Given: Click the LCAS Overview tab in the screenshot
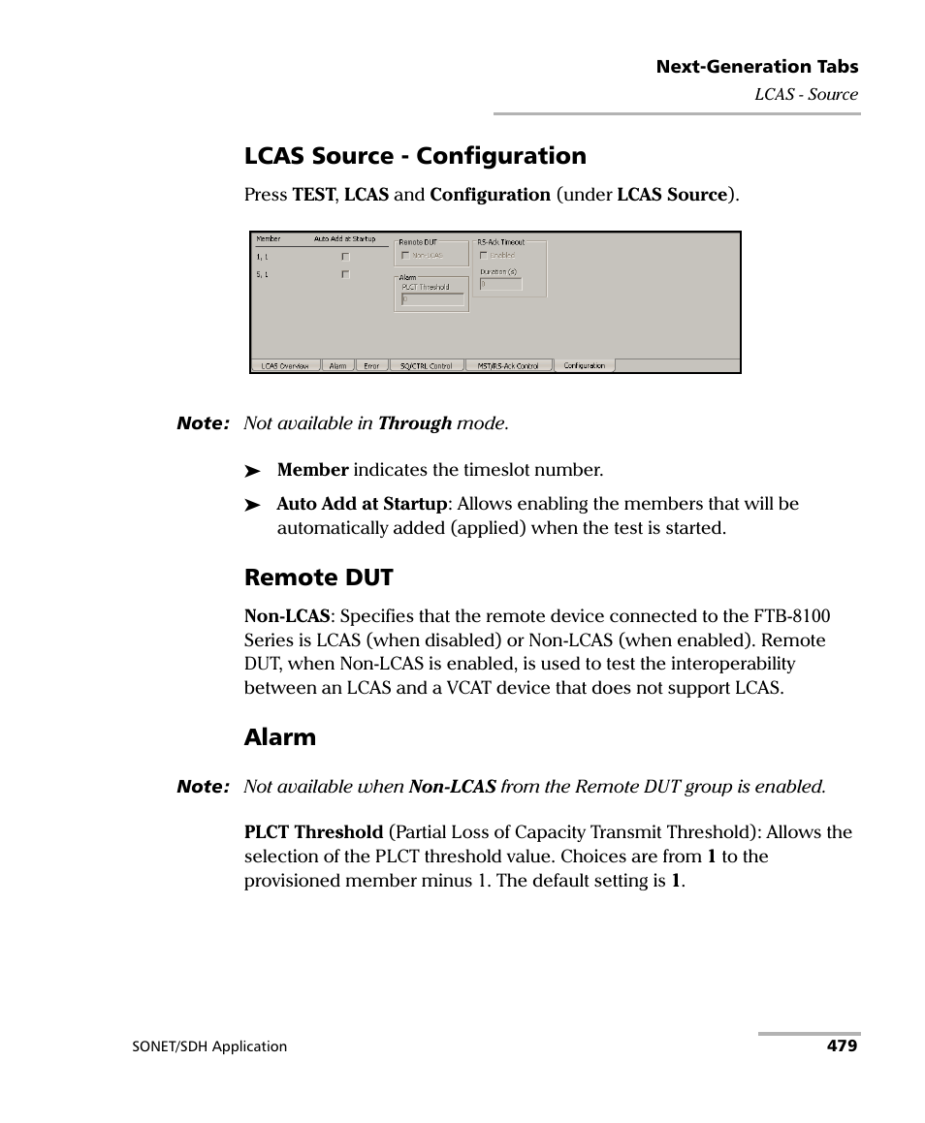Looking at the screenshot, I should (x=285, y=366).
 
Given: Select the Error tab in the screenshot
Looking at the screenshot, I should (x=371, y=366).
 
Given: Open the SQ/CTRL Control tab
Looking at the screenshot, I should (x=426, y=366).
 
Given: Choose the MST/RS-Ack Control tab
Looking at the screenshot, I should (x=508, y=366).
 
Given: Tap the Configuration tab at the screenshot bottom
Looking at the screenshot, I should (x=584, y=366).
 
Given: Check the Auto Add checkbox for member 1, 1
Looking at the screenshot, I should (x=345, y=258).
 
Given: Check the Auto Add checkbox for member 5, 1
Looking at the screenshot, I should (x=345, y=275).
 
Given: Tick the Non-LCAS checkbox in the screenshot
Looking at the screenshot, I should (x=405, y=256).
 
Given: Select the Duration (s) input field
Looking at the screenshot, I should (x=501, y=285).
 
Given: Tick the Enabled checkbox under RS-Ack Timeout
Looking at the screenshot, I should (x=484, y=256).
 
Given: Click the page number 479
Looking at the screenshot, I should (x=842, y=1046).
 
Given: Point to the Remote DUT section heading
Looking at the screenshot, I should (x=318, y=577).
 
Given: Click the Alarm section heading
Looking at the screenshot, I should (x=279, y=737).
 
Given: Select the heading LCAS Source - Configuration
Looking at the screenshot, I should (x=415, y=156).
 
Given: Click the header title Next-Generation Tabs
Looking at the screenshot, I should (x=756, y=67).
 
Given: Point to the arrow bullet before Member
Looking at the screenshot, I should (x=253, y=471).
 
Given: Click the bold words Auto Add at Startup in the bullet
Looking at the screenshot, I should (x=362, y=504).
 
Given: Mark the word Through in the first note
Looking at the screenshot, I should (x=415, y=423).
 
